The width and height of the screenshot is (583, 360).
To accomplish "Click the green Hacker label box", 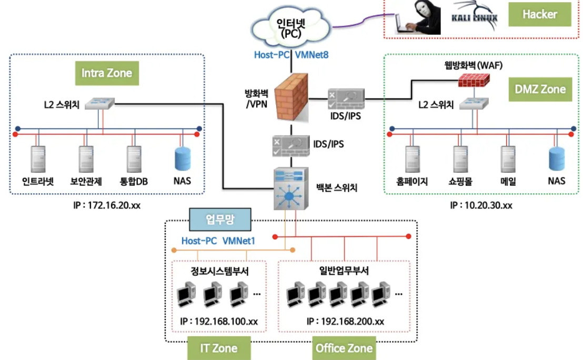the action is click(x=539, y=14).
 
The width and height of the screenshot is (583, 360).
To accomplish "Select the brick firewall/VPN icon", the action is click(x=291, y=97).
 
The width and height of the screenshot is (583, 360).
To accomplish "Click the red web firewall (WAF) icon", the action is click(x=474, y=80).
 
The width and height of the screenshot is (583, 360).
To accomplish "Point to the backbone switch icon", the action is click(x=291, y=188).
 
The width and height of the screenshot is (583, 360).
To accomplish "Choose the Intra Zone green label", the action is click(x=107, y=73).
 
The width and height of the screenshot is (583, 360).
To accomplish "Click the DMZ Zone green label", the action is click(x=540, y=89).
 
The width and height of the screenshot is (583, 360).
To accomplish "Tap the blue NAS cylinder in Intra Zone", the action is click(x=183, y=159).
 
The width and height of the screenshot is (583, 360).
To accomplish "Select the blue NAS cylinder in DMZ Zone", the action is click(x=557, y=159).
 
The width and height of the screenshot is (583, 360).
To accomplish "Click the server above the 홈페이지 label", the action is click(x=413, y=159).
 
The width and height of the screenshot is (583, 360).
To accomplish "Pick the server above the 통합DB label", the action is click(x=134, y=159).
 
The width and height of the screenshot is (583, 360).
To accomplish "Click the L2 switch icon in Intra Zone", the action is click(x=99, y=103).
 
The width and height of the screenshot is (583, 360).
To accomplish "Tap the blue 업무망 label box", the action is click(x=220, y=219).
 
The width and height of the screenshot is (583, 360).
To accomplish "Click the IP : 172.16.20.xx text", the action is click(x=107, y=205).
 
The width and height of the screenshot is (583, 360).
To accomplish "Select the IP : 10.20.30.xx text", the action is click(x=481, y=205).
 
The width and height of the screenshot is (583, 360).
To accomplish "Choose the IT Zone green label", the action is click(x=219, y=348).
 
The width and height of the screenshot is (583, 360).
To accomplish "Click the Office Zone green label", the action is click(x=344, y=348).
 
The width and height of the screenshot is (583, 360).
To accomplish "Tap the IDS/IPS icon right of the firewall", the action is click(x=346, y=99).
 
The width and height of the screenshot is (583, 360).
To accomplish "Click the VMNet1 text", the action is click(x=239, y=241).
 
